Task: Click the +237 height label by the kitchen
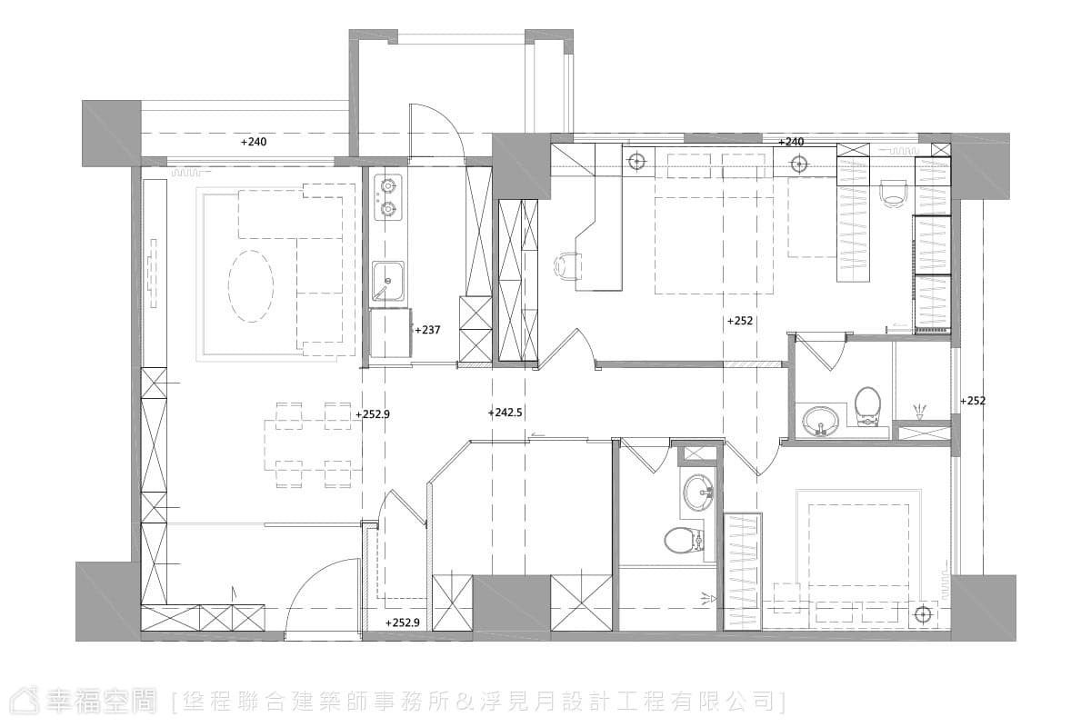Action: click(x=427, y=330)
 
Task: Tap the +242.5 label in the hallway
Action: click(x=505, y=413)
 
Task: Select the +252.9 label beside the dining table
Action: click(x=373, y=414)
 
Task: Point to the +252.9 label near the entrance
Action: click(x=402, y=622)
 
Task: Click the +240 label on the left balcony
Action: click(x=254, y=142)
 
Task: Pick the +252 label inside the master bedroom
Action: click(x=740, y=321)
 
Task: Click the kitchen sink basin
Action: click(x=388, y=281)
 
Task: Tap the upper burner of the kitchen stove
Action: click(x=387, y=185)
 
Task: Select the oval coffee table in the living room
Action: click(x=251, y=286)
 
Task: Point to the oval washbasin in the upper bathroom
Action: click(x=820, y=420)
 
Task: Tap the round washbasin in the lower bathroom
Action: click(x=698, y=493)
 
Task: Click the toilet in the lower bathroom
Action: click(x=685, y=540)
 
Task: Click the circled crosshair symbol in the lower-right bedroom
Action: click(x=923, y=615)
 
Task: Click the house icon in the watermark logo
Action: click(x=25, y=701)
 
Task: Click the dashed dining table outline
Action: click(x=313, y=445)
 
